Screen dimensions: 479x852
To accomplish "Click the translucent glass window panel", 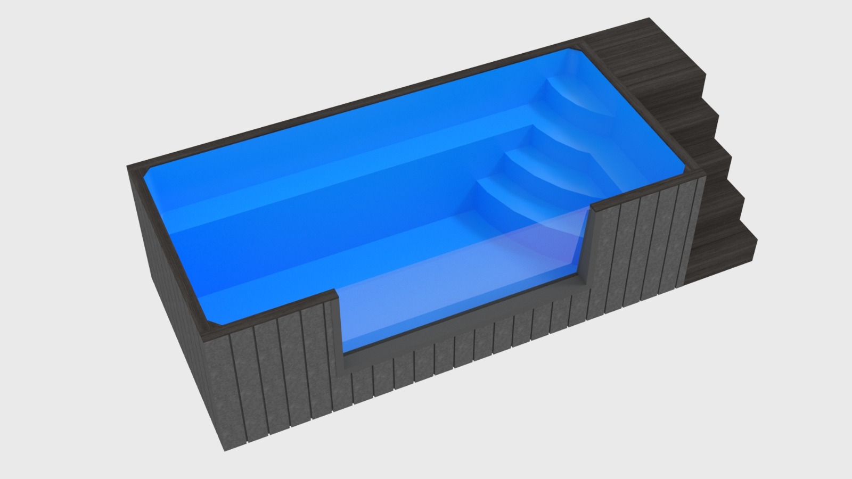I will (458, 287).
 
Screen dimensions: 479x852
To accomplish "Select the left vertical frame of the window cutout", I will (337, 330).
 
